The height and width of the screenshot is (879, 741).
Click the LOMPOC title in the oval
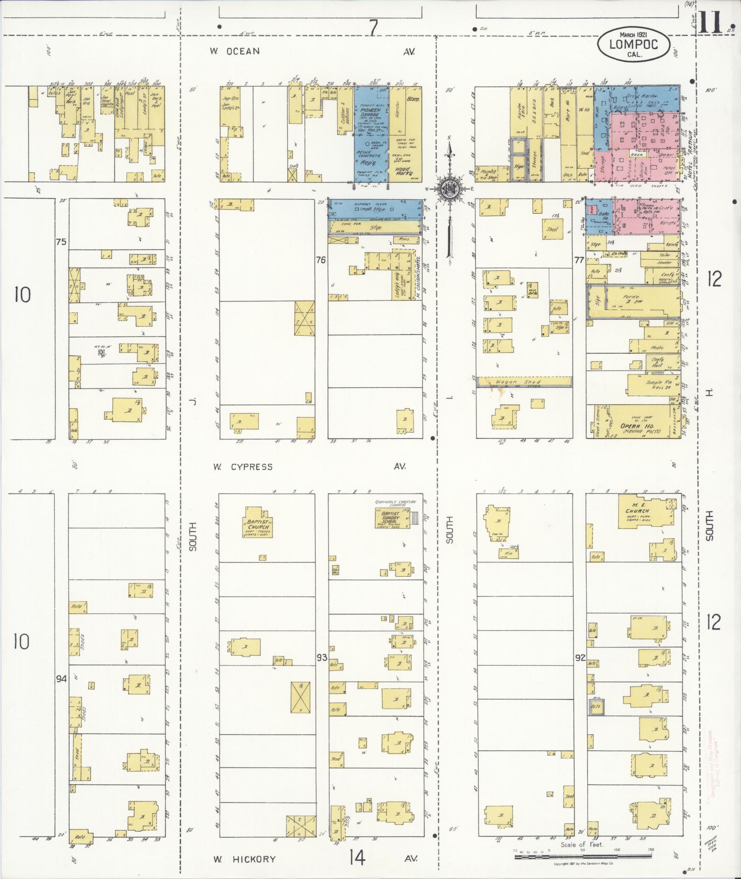(x=634, y=44)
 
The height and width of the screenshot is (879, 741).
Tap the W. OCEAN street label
(x=235, y=51)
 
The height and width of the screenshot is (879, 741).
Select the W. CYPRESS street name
(x=242, y=467)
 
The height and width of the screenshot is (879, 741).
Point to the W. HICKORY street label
(x=244, y=859)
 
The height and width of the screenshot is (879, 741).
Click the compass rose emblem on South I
(x=448, y=189)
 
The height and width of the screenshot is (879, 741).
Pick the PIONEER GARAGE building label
(x=370, y=113)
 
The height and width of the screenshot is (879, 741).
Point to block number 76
(x=321, y=260)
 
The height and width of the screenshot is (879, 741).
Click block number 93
(x=322, y=658)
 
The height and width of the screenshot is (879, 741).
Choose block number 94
(x=61, y=678)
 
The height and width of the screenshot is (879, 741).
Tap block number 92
(x=580, y=658)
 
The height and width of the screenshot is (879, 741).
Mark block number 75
(x=61, y=242)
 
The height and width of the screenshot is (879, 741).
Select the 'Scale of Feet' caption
(x=583, y=845)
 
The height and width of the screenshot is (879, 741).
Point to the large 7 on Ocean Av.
(x=373, y=28)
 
